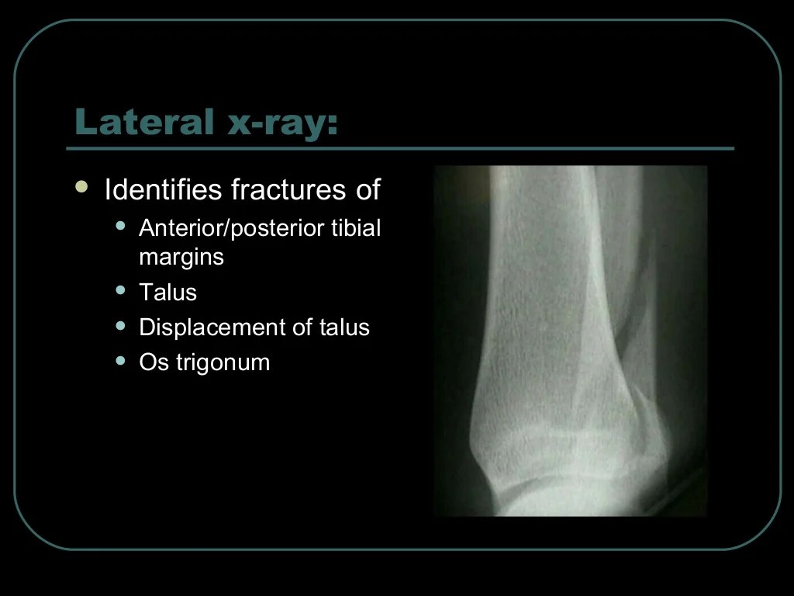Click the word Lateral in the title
coord(143,122)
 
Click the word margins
coord(181,258)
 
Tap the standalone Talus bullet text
coord(167,292)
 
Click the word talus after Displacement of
coord(344,327)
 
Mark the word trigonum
coord(223,363)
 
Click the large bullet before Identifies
coord(81,187)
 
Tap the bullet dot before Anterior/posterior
coord(120,226)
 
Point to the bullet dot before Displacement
coord(120,325)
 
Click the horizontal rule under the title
coord(399,148)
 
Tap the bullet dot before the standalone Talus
coord(120,290)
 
